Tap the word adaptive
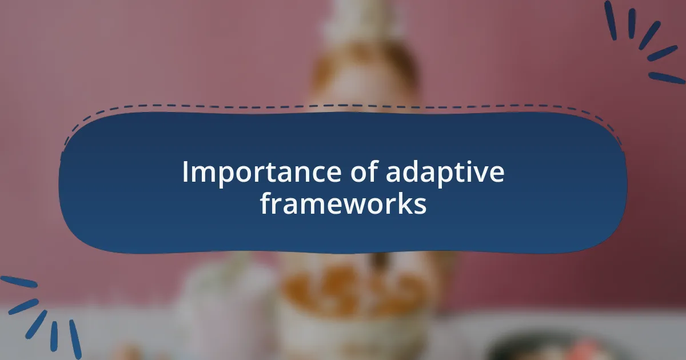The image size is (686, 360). [445, 173]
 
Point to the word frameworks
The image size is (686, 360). [343, 204]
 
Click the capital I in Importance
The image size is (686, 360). [185, 172]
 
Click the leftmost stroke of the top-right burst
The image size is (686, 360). [611, 21]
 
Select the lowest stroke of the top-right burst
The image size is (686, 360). [667, 78]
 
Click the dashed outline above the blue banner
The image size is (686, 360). [343, 106]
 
